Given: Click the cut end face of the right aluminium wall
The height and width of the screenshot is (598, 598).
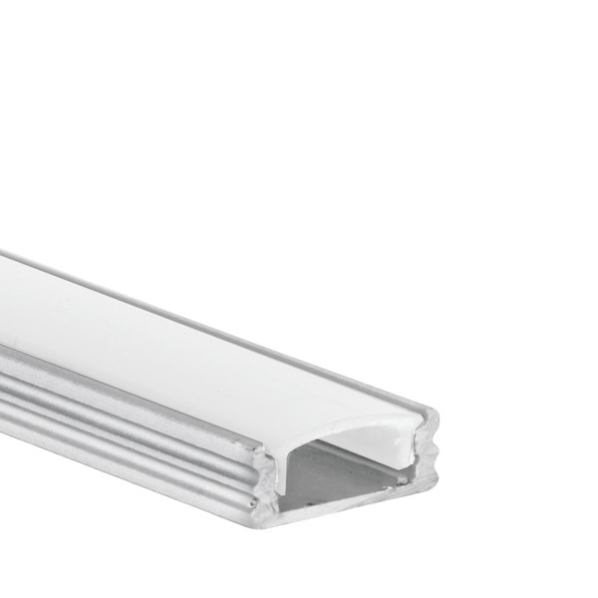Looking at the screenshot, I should pyautogui.click(x=427, y=453).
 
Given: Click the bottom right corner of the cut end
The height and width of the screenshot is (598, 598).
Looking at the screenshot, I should pyautogui.click(x=435, y=487).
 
